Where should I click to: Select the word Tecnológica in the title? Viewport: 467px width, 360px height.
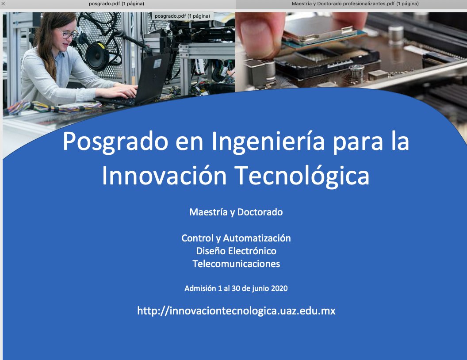pyautogui.click(x=301, y=176)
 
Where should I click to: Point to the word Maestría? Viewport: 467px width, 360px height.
pyautogui.click(x=208, y=212)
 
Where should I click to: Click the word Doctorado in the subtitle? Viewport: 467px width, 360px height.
pyautogui.click(x=260, y=212)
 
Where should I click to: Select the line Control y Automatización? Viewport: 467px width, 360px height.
pyautogui.click(x=236, y=238)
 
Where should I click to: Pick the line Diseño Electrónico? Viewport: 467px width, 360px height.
pyautogui.click(x=236, y=251)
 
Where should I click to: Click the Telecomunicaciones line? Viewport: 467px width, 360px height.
pyautogui.click(x=236, y=264)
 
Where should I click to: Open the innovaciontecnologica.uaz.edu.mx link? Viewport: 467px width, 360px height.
pyautogui.click(x=236, y=311)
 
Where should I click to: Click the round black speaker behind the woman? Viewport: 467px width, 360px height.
pyautogui.click(x=97, y=55)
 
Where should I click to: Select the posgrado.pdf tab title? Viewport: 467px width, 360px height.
pyautogui.click(x=116, y=4)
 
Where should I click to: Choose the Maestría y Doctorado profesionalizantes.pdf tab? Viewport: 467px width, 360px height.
pyautogui.click(x=355, y=4)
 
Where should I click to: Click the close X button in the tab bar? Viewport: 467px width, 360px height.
pyautogui.click(x=4, y=4)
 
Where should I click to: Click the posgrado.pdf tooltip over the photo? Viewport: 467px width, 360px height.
pyautogui.click(x=183, y=16)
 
